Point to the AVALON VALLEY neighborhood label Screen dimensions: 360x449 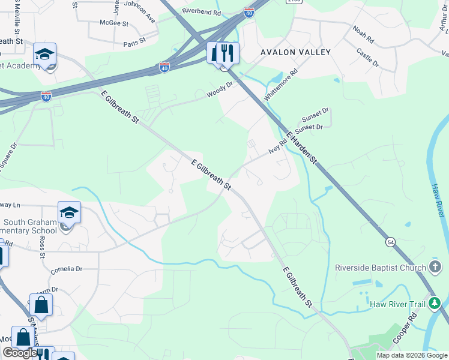pos(295,52)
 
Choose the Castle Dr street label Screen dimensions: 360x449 pos(368,58)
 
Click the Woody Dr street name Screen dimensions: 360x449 pos(219,90)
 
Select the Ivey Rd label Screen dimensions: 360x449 pos(278,146)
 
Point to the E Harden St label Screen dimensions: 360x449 pos(301,147)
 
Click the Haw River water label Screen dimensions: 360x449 pos(436,199)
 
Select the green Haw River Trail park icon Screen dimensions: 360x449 pos(435,304)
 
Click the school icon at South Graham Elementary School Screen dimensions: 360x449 pos(69,212)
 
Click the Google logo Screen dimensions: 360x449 pos(20,353)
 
